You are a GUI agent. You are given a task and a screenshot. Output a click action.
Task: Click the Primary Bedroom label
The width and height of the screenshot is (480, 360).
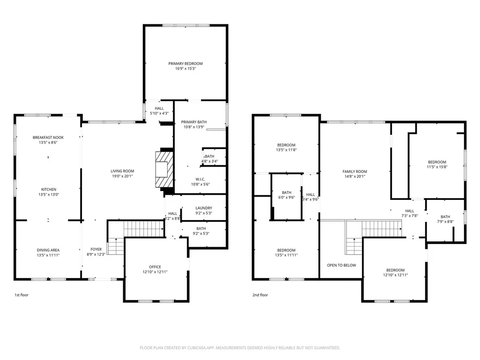(x=185, y=64)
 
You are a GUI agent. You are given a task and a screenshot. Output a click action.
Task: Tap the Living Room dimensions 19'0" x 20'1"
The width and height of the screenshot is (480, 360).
(x=122, y=176)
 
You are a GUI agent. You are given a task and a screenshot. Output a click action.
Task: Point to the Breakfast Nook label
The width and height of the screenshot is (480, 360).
(x=48, y=138)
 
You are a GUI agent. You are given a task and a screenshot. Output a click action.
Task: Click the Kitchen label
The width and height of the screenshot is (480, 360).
(x=49, y=190)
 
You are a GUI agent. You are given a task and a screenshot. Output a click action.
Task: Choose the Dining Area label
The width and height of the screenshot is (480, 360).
(x=48, y=250)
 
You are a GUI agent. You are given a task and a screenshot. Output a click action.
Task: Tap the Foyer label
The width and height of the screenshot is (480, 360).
(x=96, y=249)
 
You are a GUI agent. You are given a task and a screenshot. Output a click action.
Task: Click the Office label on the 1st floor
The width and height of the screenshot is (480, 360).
(x=155, y=267)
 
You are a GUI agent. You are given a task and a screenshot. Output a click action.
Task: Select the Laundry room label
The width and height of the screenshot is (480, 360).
(x=204, y=208)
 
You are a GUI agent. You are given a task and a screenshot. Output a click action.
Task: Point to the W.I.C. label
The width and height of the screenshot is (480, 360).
(x=200, y=179)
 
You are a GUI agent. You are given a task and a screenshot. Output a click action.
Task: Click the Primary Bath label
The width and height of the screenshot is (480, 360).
(x=194, y=122)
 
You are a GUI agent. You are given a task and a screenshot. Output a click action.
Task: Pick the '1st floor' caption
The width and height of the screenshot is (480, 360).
(x=22, y=295)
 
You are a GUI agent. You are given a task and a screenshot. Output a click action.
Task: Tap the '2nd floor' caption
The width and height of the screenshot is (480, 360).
(x=260, y=295)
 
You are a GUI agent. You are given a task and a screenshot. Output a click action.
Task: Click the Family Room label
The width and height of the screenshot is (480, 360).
(x=354, y=171)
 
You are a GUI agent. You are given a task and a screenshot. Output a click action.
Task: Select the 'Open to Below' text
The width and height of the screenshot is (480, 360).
(x=341, y=265)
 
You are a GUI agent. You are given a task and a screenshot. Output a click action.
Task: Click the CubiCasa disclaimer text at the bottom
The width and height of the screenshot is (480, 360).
(x=240, y=348)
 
